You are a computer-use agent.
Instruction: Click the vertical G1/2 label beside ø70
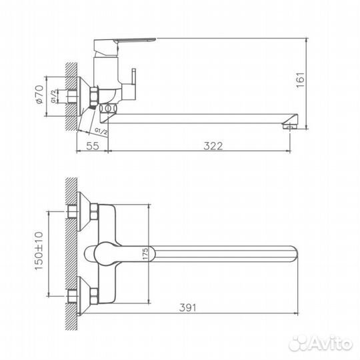[58, 98]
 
